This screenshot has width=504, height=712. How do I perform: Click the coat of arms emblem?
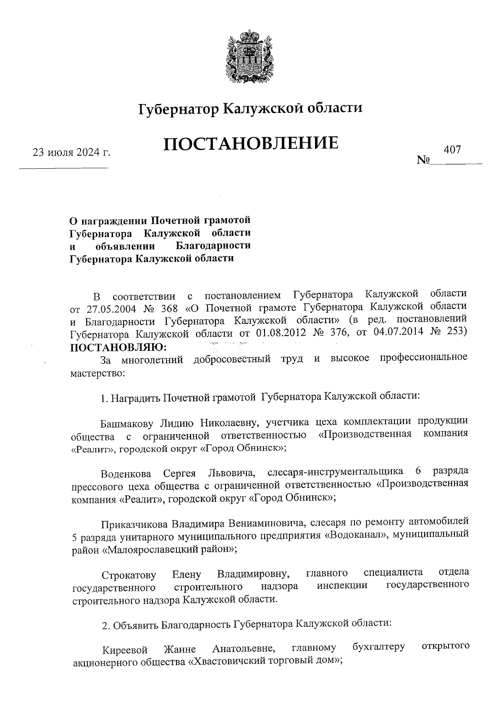click(x=250, y=54)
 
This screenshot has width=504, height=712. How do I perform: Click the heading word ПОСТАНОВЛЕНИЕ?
click(x=251, y=143)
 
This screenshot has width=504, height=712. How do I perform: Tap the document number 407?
click(x=452, y=150)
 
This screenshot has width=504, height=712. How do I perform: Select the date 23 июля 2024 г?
click(x=72, y=151)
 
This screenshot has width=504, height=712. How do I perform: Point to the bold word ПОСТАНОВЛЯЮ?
click(x=118, y=347)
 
